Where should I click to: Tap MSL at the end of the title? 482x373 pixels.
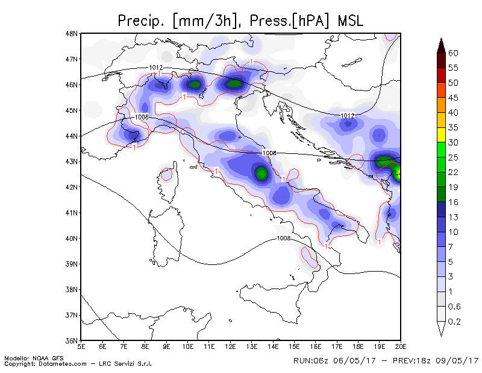[351, 21]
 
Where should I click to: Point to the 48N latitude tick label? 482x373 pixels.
[71, 34]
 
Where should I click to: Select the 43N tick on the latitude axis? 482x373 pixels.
[71, 161]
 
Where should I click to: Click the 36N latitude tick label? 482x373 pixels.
[71, 340]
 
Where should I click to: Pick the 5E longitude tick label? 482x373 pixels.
[81, 347]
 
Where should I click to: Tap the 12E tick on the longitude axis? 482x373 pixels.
[230, 347]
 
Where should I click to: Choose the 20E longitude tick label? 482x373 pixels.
[401, 347]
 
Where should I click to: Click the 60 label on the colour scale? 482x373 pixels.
[453, 53]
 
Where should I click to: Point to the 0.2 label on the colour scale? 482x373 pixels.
[454, 322]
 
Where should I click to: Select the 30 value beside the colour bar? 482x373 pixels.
[453, 142]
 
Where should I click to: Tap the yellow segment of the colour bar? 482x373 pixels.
[441, 135]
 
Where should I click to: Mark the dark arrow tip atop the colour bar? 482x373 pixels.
[441, 38]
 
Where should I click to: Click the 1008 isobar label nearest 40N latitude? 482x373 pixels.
[283, 238]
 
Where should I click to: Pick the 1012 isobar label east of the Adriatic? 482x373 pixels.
[348, 116]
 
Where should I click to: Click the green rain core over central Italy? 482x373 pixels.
[261, 173]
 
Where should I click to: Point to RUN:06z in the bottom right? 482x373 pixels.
[311, 360]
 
